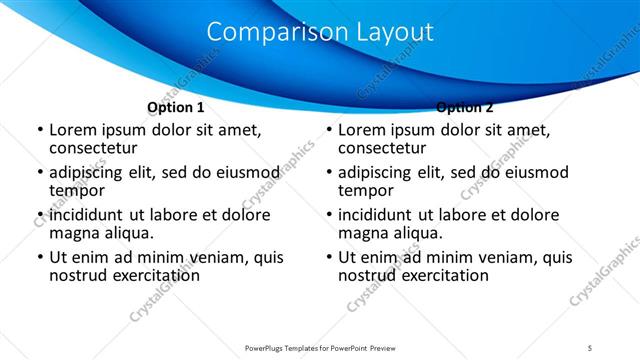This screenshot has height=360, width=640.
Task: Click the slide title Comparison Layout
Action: [x=320, y=32]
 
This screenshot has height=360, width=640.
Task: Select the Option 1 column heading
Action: [x=175, y=107]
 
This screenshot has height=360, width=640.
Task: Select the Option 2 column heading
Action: [x=465, y=107]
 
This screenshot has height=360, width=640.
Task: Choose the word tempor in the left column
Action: [x=76, y=190]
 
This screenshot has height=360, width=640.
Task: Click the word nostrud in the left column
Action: [x=79, y=275]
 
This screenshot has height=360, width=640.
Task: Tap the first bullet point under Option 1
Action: [x=39, y=130]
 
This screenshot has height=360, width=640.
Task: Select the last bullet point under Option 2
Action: [x=329, y=257]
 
